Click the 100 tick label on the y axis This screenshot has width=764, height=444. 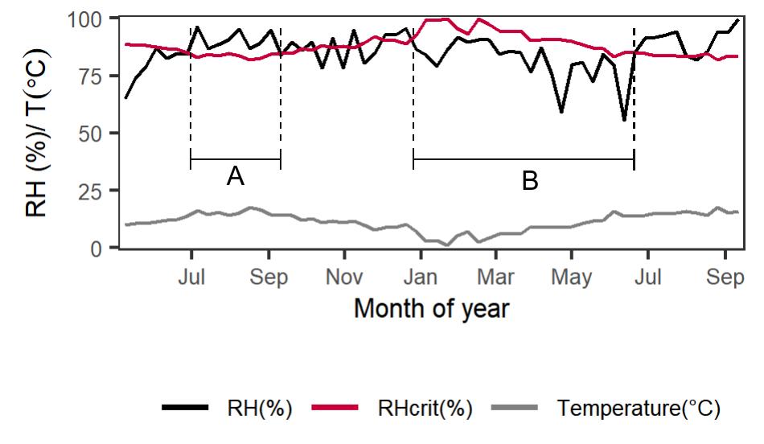96,18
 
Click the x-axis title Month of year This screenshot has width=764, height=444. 431,308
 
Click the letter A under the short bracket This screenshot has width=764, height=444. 235,177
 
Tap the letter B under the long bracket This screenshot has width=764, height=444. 529,182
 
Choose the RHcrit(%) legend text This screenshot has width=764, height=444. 425,408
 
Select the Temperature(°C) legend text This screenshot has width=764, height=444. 638,408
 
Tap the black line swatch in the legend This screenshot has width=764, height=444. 186,408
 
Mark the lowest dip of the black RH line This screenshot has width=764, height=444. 623,120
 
